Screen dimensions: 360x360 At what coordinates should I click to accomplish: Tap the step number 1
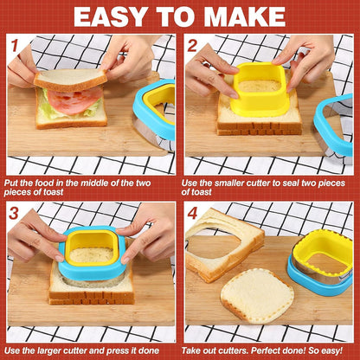tap(15, 45)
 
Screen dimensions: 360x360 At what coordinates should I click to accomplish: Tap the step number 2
tap(192, 45)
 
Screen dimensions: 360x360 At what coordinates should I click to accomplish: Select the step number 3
tap(15, 213)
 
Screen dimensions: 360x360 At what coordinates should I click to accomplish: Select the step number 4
tap(192, 213)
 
